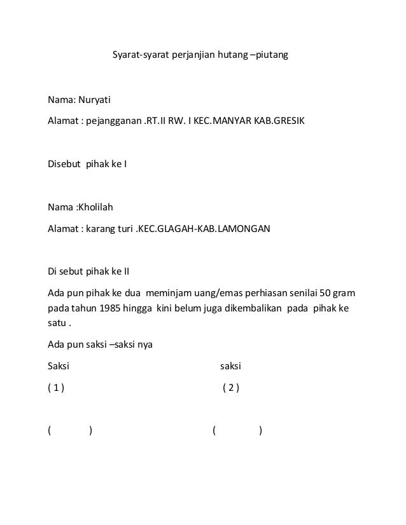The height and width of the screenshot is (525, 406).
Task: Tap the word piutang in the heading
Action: point(272,56)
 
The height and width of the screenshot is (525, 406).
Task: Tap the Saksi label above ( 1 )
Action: point(59,367)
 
